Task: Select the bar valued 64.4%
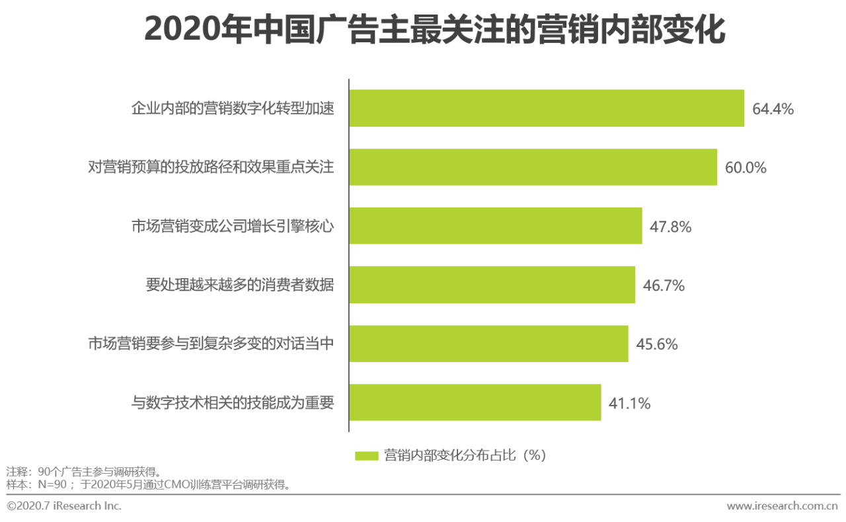(547, 108)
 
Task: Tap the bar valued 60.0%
(533, 167)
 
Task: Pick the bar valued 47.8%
(495, 226)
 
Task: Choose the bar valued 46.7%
(492, 285)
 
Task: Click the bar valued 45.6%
(488, 344)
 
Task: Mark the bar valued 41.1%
(475, 402)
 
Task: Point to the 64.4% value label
(773, 109)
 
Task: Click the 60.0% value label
(746, 168)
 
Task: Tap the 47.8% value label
(671, 227)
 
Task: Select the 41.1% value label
(629, 403)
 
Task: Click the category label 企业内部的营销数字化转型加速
(233, 109)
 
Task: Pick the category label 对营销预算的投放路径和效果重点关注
(211, 168)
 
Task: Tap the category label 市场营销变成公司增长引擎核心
(233, 227)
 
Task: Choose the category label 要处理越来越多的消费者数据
(240, 285)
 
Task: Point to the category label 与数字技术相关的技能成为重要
(233, 403)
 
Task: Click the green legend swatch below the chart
(366, 456)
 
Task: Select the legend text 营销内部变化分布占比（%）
(465, 456)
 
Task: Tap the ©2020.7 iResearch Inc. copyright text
(64, 506)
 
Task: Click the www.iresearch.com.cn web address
(783, 506)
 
